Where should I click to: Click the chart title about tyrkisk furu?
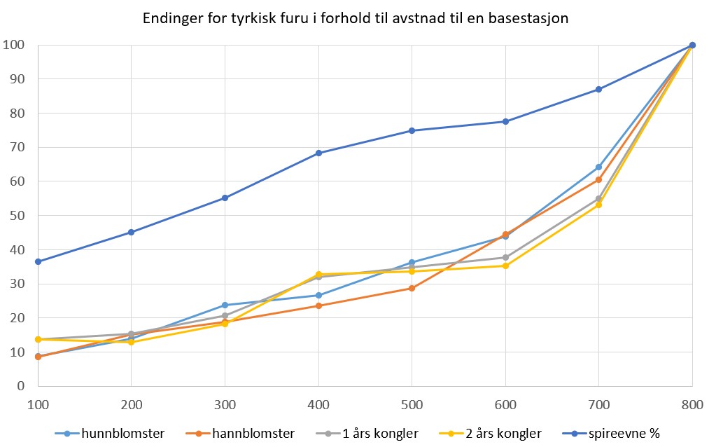[x=354, y=19]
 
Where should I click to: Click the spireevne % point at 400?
[x=318, y=153]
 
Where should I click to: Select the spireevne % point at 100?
[x=38, y=261]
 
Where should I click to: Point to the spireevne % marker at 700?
[x=599, y=89]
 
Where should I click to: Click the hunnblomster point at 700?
[x=599, y=167]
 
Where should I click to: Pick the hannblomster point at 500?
[x=412, y=288]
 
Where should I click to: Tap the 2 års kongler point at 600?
[x=505, y=266]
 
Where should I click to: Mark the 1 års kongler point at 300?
[x=225, y=315]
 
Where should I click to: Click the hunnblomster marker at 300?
[x=225, y=305]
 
